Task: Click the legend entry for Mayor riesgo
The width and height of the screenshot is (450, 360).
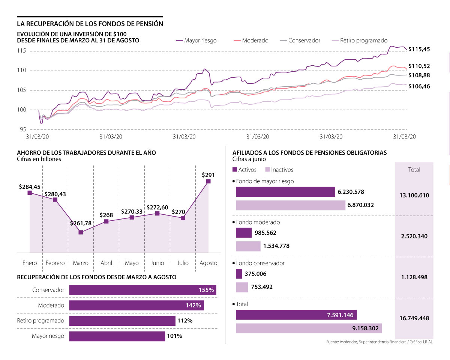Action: [196, 41]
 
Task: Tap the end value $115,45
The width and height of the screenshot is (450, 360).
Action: [419, 49]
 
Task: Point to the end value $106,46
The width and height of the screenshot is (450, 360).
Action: [419, 86]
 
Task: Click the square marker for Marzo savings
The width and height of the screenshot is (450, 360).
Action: [81, 232]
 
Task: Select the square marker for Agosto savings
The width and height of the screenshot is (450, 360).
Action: [208, 181]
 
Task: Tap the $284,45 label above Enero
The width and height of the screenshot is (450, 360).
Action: [30, 187]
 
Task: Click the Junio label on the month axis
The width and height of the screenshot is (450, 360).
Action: [157, 263]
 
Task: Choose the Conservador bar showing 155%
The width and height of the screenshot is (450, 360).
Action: [142, 290]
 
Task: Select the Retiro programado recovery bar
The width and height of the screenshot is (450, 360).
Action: [122, 321]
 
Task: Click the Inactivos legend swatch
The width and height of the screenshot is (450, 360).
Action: [267, 170]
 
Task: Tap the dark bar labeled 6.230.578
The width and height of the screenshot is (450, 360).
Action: [285, 192]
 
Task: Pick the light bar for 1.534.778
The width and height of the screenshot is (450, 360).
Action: [248, 246]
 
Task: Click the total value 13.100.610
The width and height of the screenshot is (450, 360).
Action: [414, 196]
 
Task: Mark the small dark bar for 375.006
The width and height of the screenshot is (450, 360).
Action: [239, 274]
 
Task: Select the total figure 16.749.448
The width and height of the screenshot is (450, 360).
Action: [414, 318]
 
